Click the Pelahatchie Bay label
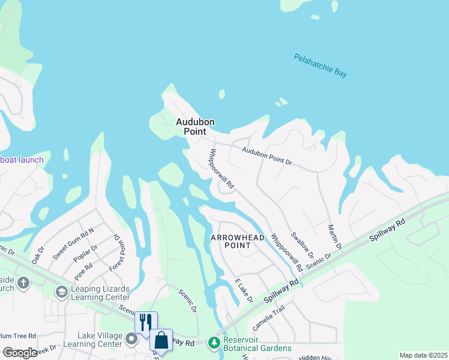(x=321, y=65)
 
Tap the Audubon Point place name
(x=194, y=127)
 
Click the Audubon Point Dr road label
(x=267, y=157)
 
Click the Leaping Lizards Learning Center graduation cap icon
(x=61, y=292)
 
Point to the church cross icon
(x=23, y=283)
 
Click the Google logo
(x=20, y=353)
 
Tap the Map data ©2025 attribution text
(x=423, y=355)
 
